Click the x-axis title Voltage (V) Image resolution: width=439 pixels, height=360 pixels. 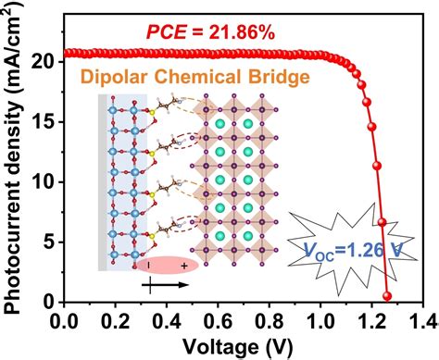point(243,347)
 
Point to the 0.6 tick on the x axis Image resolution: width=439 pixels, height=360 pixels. point(218,321)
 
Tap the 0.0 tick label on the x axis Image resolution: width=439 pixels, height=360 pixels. point(67,321)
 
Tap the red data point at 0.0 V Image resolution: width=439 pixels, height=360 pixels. point(67,54)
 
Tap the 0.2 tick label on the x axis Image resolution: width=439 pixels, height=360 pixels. point(117,321)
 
